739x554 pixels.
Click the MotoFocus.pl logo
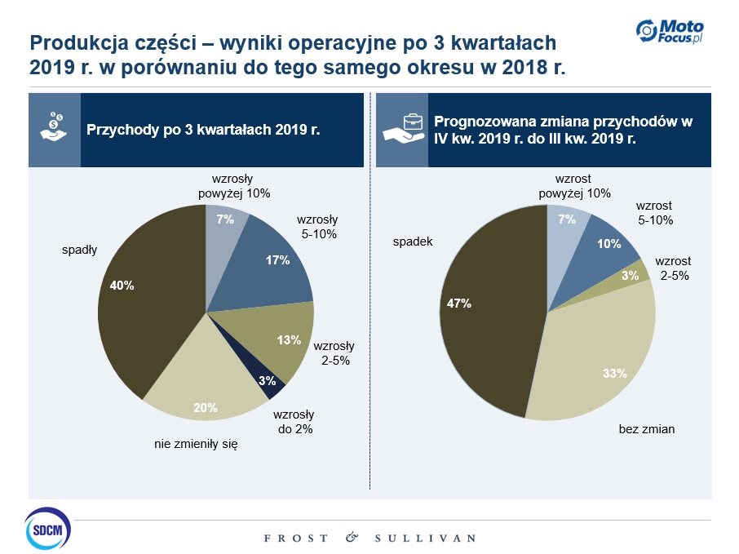pos(670,32)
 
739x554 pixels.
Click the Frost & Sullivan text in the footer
pos(369,538)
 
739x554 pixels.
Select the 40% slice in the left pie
pos(143,302)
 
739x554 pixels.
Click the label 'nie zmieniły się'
pos(196,444)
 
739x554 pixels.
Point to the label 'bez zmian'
pos(647,429)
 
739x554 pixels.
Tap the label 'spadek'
pos(413,242)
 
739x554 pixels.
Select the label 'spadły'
pos(80,250)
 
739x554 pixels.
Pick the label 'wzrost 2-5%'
pos(674,268)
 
